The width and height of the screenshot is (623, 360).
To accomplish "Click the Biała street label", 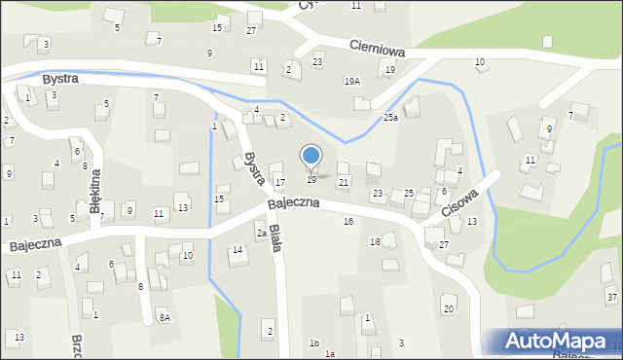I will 275,237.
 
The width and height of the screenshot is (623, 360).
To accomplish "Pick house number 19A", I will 351,82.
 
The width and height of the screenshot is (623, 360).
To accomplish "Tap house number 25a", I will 390,118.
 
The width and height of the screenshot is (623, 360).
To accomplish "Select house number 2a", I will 261,234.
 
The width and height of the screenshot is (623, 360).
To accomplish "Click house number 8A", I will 165,317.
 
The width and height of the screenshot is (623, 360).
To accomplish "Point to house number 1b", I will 313,342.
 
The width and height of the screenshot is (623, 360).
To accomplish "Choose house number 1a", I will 330,353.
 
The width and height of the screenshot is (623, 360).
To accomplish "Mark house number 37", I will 611,296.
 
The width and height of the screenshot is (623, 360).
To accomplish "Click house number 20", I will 449,309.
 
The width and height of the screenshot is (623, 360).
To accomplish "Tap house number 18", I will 375,241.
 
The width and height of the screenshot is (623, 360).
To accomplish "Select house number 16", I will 348,222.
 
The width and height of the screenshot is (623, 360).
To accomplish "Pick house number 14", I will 237,251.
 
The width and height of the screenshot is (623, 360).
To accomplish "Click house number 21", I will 343,183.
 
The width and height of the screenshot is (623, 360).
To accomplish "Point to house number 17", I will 279,183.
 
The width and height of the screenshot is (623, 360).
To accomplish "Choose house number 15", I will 219,199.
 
